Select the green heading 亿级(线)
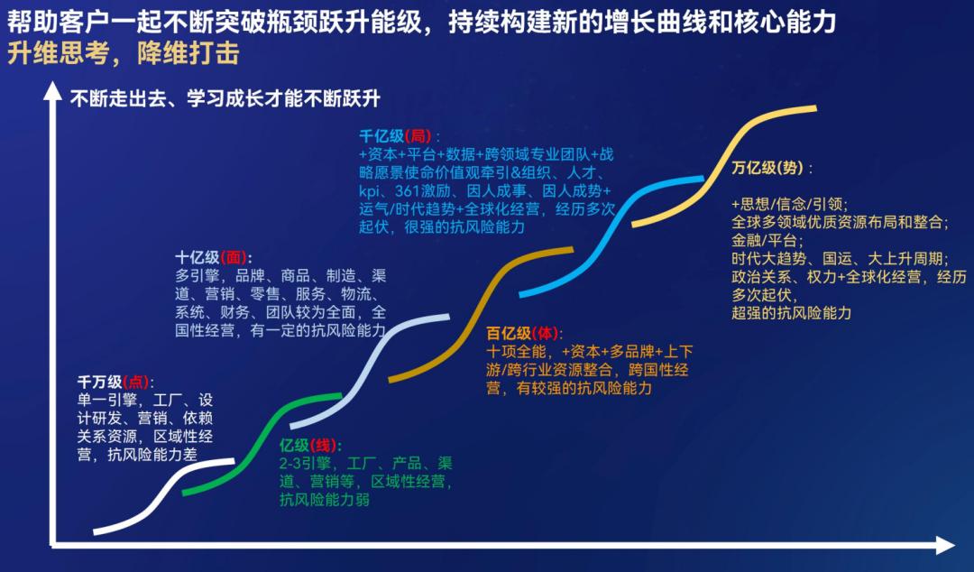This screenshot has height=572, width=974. point(309,445)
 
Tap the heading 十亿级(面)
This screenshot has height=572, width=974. point(213,257)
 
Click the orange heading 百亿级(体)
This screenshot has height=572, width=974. point(523,334)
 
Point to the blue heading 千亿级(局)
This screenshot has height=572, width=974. point(399,136)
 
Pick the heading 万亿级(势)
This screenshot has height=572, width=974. point(771,167)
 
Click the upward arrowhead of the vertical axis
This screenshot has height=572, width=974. point(53,92)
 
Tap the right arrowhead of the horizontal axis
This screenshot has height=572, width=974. point(945,545)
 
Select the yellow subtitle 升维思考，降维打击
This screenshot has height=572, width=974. point(124,53)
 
